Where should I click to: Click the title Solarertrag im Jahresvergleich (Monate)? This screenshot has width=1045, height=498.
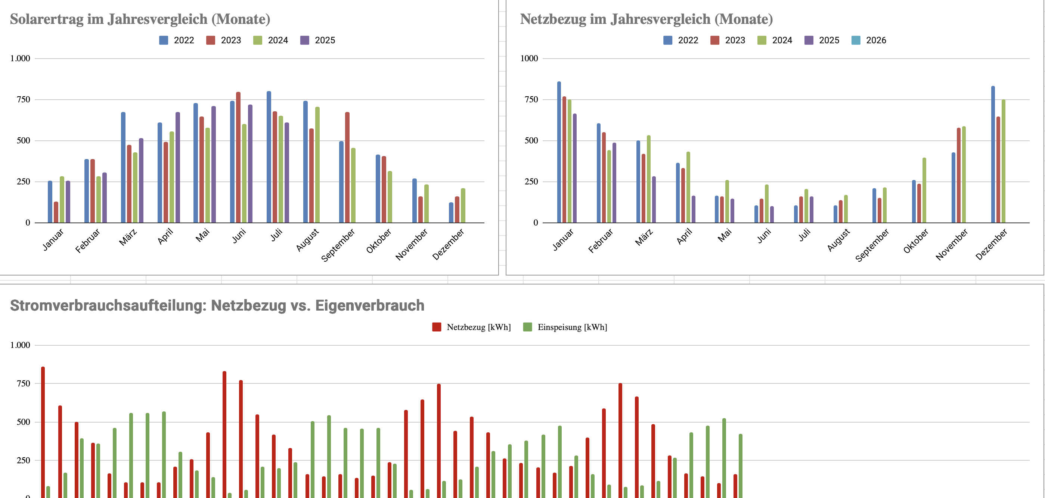140,19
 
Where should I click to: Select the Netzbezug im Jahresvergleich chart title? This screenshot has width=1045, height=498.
646,19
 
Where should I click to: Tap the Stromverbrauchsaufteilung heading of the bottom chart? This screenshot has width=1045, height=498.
217,305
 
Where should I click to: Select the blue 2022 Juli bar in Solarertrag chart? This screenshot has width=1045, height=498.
269,158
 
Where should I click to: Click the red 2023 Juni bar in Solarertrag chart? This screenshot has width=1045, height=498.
238,158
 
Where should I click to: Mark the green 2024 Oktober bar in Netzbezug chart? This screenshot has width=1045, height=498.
924,191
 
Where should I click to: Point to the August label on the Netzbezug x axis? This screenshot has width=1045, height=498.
838,240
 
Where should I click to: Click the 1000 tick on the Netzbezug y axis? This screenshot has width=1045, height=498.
529,58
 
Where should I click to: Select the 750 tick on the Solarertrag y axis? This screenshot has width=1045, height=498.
23,100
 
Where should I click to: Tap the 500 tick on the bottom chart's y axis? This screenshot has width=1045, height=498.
23,422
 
